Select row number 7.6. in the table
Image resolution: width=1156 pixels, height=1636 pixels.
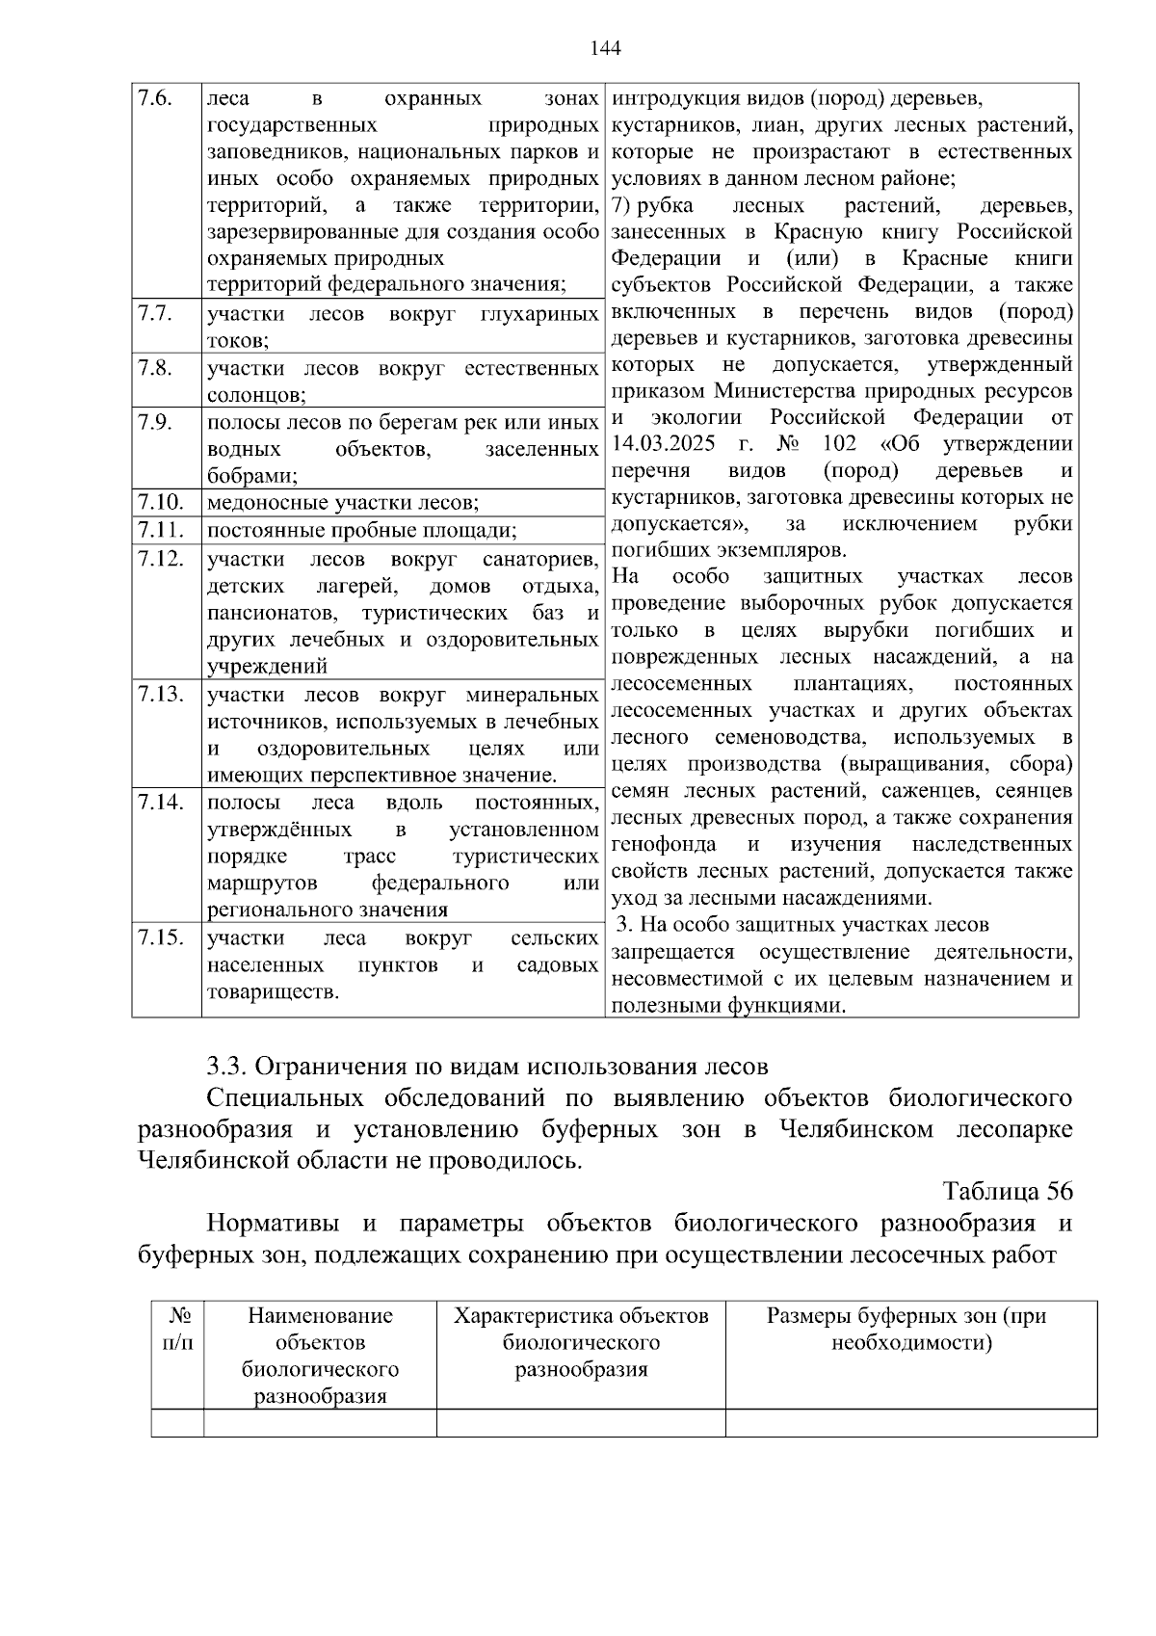(154, 98)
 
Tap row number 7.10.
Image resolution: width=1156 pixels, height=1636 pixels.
(160, 501)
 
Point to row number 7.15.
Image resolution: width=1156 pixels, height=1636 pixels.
(160, 937)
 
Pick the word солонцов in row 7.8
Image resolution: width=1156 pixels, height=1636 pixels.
(255, 395)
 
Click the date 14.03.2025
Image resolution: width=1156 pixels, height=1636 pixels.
(669, 444)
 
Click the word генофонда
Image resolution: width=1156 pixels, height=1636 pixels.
(664, 844)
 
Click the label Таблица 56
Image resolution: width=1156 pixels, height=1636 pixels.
(1008, 1191)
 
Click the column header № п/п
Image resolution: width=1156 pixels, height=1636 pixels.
(177, 1329)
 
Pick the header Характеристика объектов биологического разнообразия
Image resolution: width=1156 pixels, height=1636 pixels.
(581, 1342)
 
